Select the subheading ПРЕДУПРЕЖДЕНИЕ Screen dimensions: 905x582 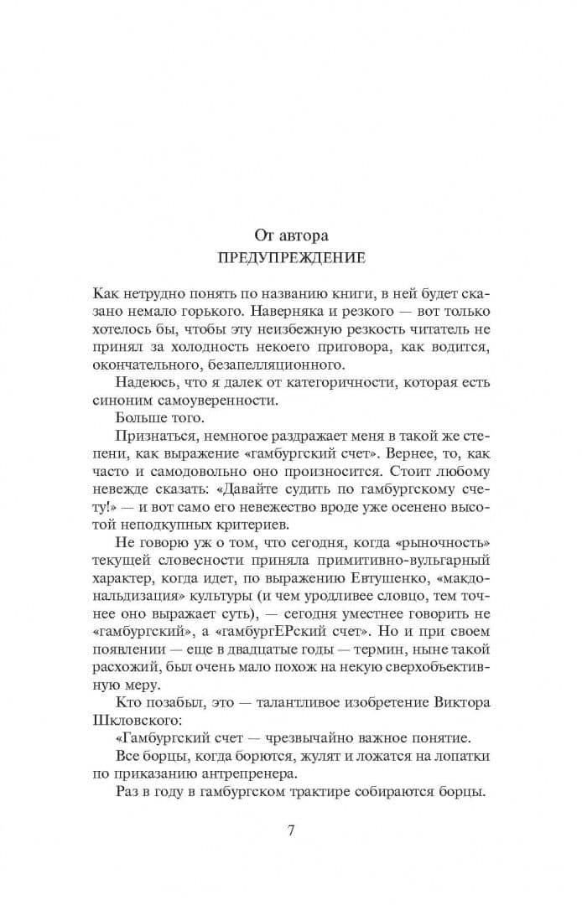click(290, 258)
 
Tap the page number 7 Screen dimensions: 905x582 click(290, 831)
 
